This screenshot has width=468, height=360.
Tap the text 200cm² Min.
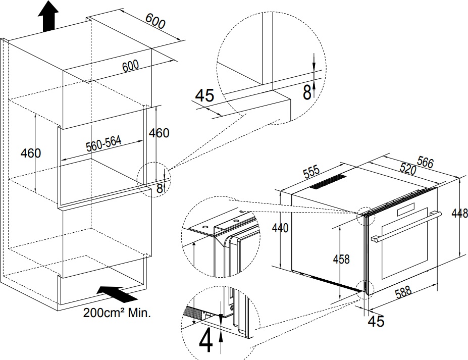[117, 313]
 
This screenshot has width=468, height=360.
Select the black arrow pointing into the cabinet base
[117, 294]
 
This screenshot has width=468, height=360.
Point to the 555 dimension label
[311, 172]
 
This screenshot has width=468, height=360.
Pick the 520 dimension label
[408, 169]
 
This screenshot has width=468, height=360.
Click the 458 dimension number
[341, 259]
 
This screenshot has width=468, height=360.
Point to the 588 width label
[403, 292]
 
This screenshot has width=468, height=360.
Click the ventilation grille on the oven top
[328, 181]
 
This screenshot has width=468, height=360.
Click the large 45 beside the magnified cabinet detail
[204, 95]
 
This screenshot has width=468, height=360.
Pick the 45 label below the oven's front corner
[376, 321]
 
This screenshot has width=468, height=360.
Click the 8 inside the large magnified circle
[307, 92]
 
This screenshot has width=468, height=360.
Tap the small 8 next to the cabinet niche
[160, 188]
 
